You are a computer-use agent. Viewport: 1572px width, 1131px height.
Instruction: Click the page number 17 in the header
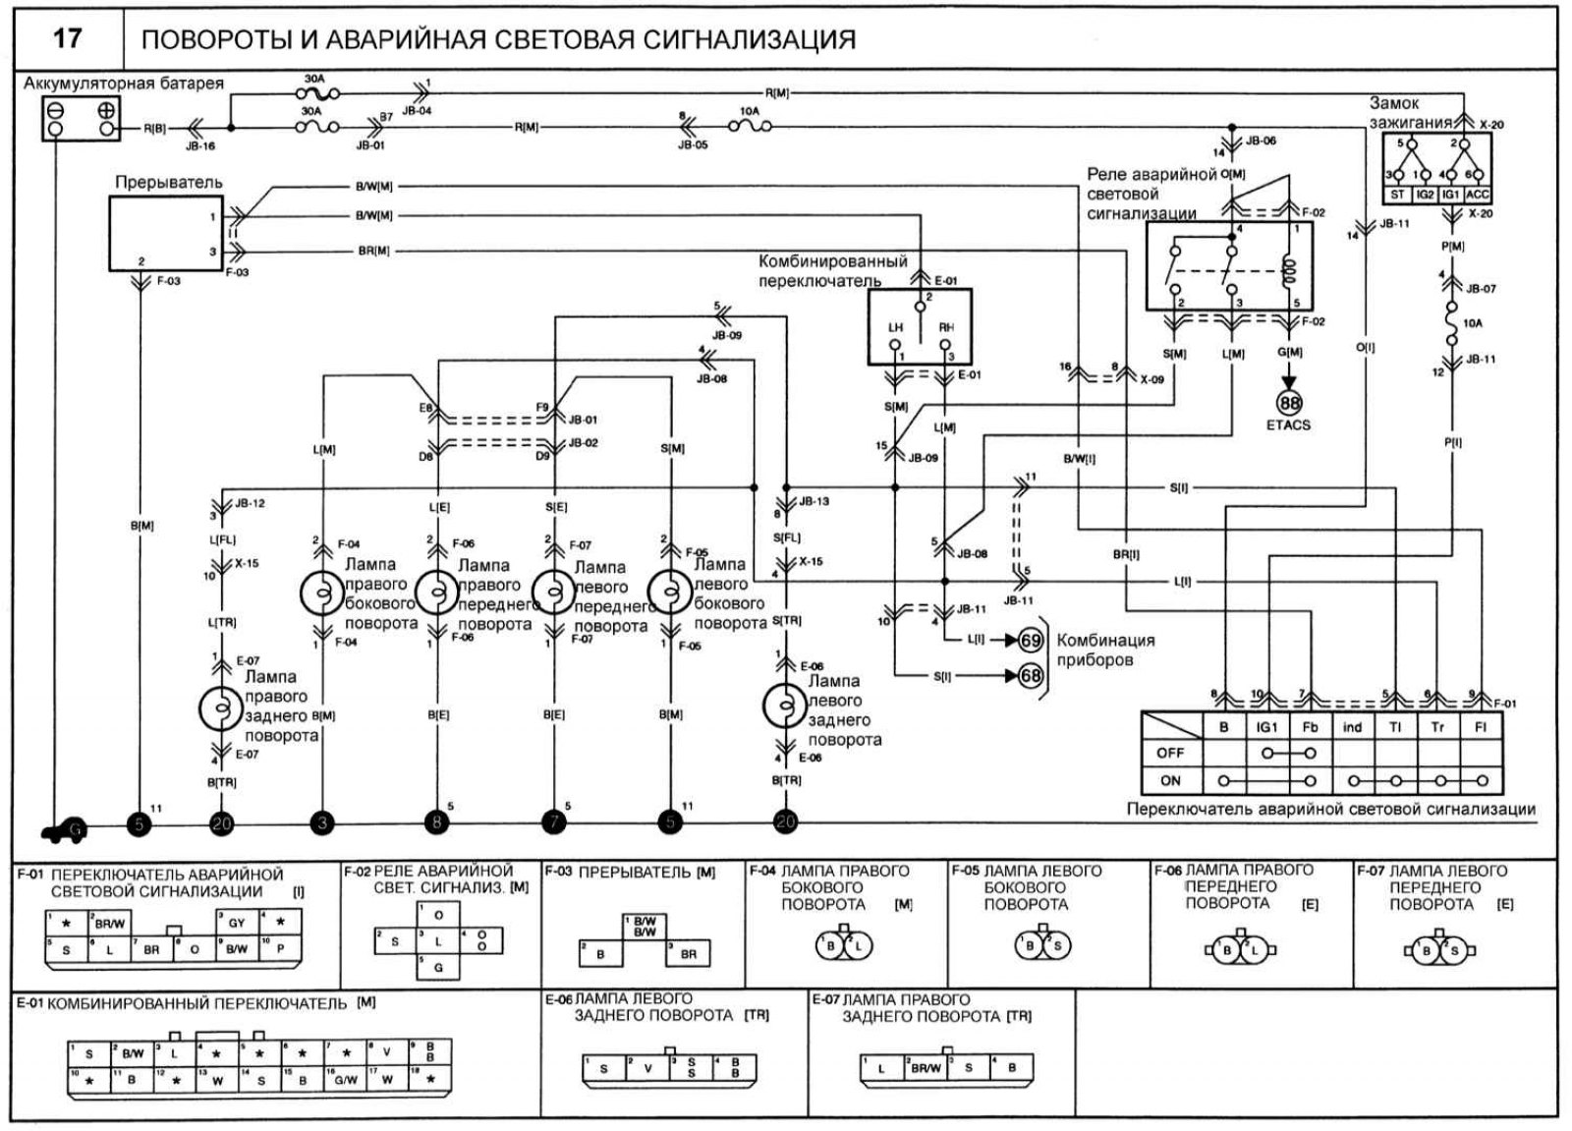click(x=67, y=38)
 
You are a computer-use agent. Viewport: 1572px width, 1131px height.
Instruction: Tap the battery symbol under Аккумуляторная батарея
click(x=81, y=119)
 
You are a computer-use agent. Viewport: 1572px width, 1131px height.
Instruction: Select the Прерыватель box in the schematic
click(x=165, y=232)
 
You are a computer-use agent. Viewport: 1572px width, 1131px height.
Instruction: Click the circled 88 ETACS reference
click(x=1288, y=403)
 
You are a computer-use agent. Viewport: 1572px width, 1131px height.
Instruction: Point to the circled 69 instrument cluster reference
click(x=1030, y=641)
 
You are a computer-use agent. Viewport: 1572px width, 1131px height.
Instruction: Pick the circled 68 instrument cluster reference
click(x=1030, y=676)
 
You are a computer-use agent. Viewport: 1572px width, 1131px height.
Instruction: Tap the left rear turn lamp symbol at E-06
click(x=785, y=704)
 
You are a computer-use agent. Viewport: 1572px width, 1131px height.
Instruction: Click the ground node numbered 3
click(x=321, y=823)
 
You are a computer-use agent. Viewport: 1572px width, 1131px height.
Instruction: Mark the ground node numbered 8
click(x=437, y=823)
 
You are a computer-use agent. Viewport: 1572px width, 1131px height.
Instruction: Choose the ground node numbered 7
click(x=554, y=823)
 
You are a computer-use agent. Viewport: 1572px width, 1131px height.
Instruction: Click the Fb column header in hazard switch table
click(x=1310, y=727)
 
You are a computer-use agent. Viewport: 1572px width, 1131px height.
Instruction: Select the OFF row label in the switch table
click(x=1170, y=754)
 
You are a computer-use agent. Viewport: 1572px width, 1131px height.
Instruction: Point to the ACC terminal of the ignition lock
click(x=1477, y=195)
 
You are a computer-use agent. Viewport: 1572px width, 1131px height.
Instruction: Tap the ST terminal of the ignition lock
click(x=1397, y=195)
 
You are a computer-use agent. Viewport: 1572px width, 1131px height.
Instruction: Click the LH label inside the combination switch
click(x=895, y=327)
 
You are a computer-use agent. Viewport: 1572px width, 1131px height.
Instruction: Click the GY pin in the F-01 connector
click(x=237, y=924)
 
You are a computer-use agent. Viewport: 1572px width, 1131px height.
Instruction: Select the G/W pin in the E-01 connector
click(x=346, y=1080)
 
